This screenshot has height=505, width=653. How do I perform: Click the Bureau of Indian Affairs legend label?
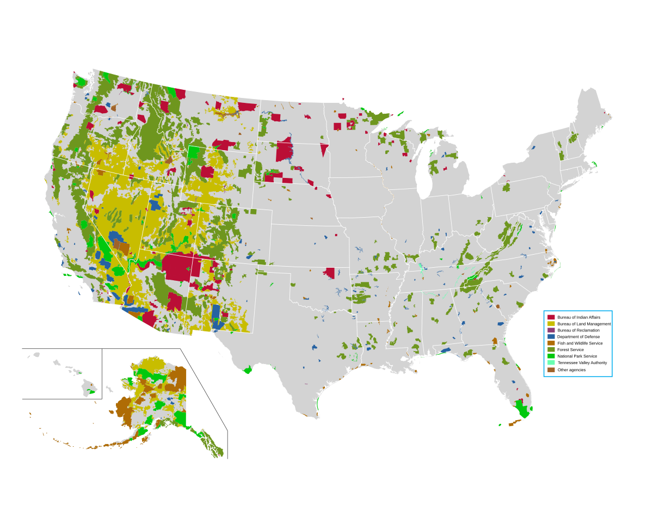click(578, 317)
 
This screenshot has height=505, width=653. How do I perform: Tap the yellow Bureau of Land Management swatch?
click(551, 324)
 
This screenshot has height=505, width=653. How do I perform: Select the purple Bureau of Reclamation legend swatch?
click(551, 330)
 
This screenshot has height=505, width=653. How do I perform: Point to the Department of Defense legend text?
click(578, 337)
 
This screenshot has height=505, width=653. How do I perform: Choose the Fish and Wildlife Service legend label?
click(580, 343)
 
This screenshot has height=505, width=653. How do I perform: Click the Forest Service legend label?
click(570, 350)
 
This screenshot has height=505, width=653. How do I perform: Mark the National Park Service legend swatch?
click(551, 356)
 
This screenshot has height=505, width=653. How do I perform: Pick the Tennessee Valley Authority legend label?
click(582, 363)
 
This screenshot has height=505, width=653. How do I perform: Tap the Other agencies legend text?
click(571, 370)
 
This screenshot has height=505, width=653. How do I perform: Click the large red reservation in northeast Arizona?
click(182, 267)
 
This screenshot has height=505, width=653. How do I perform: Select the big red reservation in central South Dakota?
click(284, 150)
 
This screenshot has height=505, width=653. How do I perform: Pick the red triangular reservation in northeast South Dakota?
click(324, 149)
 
